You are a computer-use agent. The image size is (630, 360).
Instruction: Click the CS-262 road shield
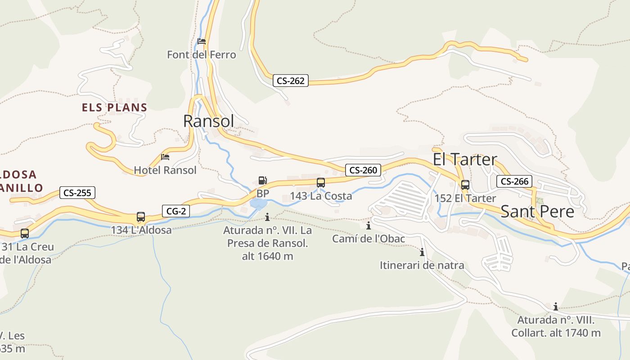point(290,81)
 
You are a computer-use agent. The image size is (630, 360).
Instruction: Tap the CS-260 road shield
point(363,170)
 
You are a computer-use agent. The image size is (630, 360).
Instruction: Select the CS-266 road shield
point(514,181)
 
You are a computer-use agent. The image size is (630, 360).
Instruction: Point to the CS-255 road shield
point(77,193)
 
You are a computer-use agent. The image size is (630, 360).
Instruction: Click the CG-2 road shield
point(176,211)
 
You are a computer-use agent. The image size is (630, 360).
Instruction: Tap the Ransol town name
point(209,121)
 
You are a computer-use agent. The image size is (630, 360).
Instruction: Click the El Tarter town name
point(465,159)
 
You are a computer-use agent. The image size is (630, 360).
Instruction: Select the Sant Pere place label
point(537,211)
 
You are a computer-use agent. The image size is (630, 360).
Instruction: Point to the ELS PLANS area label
point(115,108)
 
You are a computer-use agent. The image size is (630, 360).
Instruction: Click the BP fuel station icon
point(262,181)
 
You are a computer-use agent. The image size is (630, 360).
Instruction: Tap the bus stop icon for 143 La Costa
point(321,183)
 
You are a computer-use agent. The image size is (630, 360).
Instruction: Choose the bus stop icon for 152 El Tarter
point(465,185)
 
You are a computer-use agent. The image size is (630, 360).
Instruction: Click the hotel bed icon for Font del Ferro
point(202,41)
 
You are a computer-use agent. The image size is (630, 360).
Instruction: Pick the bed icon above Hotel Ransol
point(165,157)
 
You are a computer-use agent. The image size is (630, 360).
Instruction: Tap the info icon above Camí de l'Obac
point(369,225)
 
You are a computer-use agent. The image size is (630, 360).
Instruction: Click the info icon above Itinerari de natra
point(422,252)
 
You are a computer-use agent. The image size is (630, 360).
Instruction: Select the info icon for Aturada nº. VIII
point(556,307)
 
